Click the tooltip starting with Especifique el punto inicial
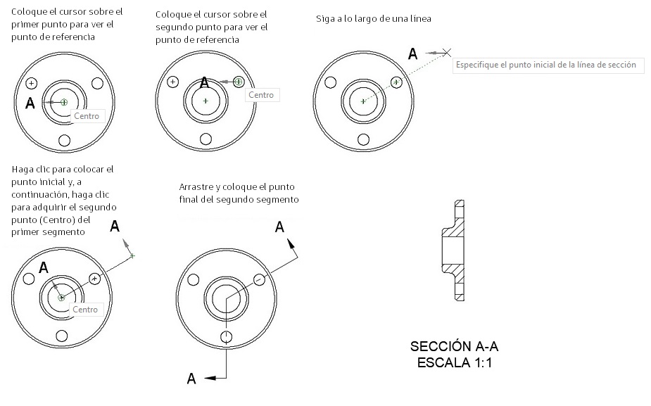545,65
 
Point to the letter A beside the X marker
413,53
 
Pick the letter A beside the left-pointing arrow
191,379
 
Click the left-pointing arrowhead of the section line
210,379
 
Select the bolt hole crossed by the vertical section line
226,336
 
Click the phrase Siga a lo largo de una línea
374,19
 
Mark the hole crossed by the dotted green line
397,82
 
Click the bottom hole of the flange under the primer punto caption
64,141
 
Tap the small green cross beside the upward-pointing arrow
132,255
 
